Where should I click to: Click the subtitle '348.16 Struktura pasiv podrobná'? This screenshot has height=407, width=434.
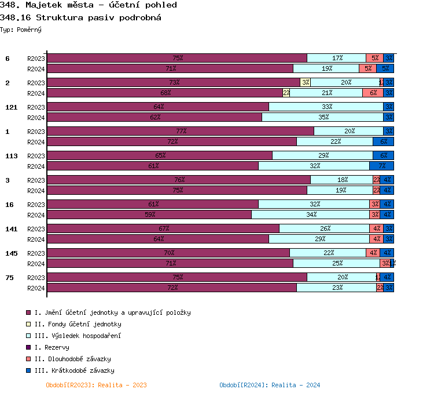(x=80, y=17)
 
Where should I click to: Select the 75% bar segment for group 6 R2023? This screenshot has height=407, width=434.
(x=176, y=58)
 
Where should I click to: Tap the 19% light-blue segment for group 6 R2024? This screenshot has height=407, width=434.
(x=326, y=68)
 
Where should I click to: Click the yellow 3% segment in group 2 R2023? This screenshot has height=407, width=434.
(x=305, y=82)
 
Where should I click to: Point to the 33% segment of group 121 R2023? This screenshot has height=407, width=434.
(x=326, y=107)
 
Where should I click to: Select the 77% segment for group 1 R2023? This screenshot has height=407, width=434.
(x=180, y=131)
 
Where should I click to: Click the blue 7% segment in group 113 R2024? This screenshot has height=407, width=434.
(x=381, y=166)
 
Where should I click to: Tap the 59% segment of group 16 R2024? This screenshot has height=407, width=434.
(x=149, y=215)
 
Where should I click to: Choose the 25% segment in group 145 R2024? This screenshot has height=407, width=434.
(x=336, y=263)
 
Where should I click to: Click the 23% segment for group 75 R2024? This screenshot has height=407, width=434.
(x=336, y=288)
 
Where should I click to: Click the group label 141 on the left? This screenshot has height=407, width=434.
(x=11, y=229)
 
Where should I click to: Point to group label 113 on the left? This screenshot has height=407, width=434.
(x=11, y=156)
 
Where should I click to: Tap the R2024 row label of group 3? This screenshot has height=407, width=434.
(x=36, y=191)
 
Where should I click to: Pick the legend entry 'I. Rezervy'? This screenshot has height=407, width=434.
(x=52, y=347)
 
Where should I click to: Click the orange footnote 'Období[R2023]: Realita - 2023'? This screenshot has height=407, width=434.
(x=96, y=385)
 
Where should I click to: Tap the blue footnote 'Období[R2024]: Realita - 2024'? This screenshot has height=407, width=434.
(x=270, y=385)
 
